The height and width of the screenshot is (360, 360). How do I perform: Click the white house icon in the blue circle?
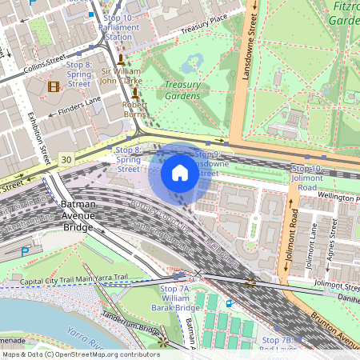click(x=180, y=173)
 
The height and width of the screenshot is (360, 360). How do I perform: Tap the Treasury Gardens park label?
click(x=182, y=90)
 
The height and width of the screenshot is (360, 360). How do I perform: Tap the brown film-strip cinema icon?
click(x=54, y=86)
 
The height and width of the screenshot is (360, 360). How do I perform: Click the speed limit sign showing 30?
click(x=66, y=160)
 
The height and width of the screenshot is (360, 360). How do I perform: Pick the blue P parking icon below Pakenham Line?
click(x=25, y=251)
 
